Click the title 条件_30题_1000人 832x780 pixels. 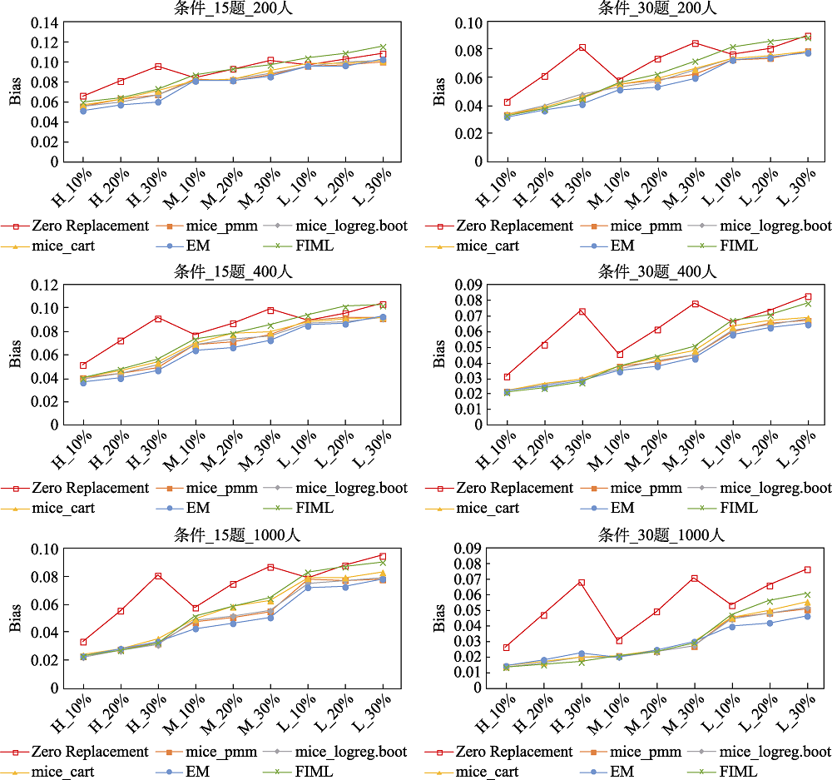tap(657, 534)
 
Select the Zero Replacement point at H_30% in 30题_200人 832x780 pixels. tap(582, 47)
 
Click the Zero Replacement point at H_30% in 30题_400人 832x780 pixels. tap(582, 311)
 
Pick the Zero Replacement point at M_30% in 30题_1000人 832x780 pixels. tap(695, 578)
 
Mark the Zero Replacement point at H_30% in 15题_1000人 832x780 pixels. tap(158, 575)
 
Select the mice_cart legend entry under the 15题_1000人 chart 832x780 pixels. tap(63, 772)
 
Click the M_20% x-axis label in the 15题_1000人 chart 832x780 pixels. tap(223, 713)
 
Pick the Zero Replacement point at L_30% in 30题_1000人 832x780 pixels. tap(807, 569)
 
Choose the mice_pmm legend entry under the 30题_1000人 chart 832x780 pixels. tap(646, 752)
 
